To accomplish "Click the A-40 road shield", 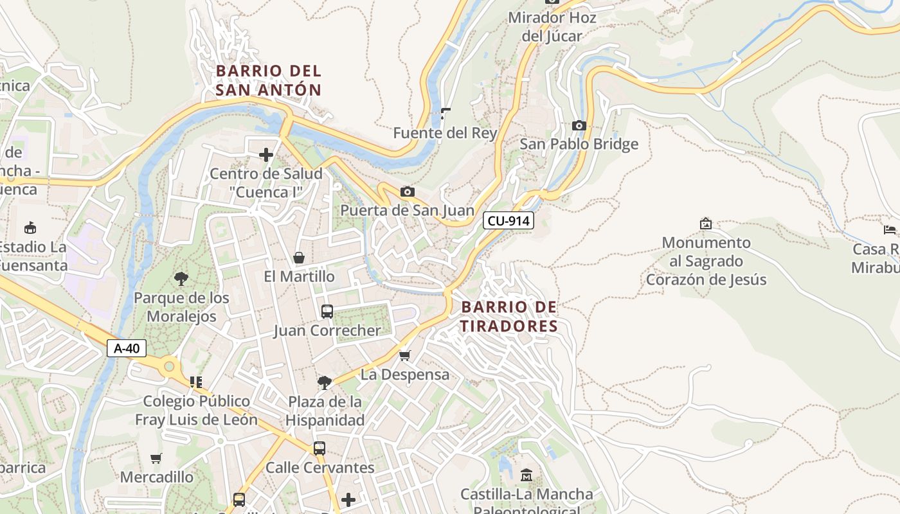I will (x=127, y=348).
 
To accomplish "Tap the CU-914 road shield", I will (x=509, y=221).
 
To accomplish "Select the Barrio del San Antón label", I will (x=269, y=80).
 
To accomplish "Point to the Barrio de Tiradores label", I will (x=509, y=317).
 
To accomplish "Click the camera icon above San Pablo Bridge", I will (x=579, y=125).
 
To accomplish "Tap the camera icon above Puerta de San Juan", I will (x=407, y=191).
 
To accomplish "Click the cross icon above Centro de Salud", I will (x=266, y=155).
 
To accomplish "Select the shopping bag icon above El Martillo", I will (x=299, y=258).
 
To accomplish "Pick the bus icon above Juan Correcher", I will (x=327, y=312).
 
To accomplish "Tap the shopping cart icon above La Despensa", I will (x=405, y=355).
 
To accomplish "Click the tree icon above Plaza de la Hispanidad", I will (x=325, y=383).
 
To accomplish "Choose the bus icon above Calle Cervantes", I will (x=319, y=448).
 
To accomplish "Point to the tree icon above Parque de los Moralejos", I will (x=181, y=279).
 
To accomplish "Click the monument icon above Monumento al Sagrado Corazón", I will (x=706, y=224).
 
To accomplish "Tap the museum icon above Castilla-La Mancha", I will (x=526, y=475).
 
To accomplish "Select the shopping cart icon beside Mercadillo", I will (x=156, y=458).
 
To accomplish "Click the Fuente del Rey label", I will (x=446, y=133).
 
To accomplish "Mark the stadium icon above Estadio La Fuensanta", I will (x=30, y=227).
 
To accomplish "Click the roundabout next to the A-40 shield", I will (x=169, y=367).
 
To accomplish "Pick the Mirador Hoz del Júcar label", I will (x=552, y=26).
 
